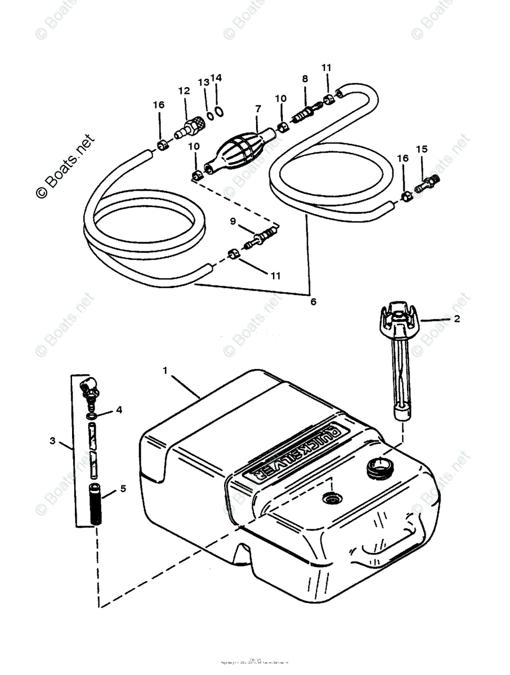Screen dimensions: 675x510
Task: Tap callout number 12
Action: pyautogui.click(x=184, y=91)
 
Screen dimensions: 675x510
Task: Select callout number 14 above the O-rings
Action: pyautogui.click(x=217, y=78)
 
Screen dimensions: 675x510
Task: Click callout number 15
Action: pyautogui.click(x=422, y=149)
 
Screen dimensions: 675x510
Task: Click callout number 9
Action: pyautogui.click(x=232, y=221)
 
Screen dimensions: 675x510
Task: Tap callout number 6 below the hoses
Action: pyautogui.click(x=313, y=302)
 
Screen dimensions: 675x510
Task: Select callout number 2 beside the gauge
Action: pyautogui.click(x=457, y=319)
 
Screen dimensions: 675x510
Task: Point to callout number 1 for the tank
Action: pyautogui.click(x=165, y=370)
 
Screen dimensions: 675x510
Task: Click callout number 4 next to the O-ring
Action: pyautogui.click(x=119, y=409)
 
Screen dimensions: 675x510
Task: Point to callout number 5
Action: pyautogui.click(x=123, y=488)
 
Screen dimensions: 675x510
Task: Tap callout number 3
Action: pyautogui.click(x=53, y=441)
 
